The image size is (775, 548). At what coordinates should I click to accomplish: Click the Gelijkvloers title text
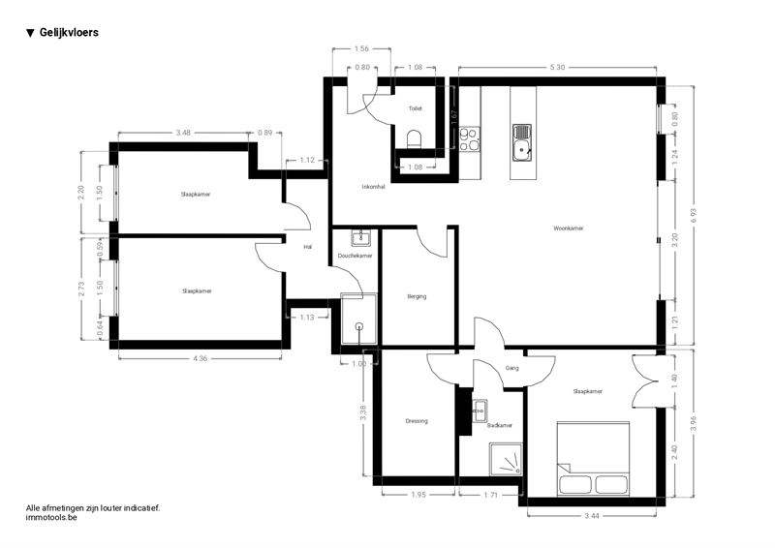69,33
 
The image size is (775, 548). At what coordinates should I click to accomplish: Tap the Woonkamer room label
569,228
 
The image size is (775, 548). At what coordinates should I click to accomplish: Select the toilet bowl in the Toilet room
415,138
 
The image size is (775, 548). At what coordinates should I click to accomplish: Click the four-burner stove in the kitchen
470,138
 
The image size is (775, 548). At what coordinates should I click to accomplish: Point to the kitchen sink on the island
522,142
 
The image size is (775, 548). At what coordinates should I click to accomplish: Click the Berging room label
417,296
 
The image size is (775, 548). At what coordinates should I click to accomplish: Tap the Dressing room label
417,421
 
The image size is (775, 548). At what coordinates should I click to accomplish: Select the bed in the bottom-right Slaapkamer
593,459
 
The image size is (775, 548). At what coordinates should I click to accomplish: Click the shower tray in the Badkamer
506,459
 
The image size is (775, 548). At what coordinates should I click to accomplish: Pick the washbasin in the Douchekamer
361,237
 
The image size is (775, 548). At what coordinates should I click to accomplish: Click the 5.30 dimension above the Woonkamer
557,67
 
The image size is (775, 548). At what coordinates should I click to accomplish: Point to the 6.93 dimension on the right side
693,216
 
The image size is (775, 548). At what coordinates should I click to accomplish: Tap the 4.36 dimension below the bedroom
200,358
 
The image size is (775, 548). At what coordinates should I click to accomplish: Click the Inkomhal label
373,187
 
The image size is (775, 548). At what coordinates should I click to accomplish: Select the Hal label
308,247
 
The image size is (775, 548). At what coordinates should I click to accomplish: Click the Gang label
512,368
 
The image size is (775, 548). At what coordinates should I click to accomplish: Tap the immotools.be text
51,517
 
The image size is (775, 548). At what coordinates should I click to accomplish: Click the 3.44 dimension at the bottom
592,515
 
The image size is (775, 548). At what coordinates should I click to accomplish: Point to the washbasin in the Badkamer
480,411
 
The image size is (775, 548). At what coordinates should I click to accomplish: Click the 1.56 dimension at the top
361,48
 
